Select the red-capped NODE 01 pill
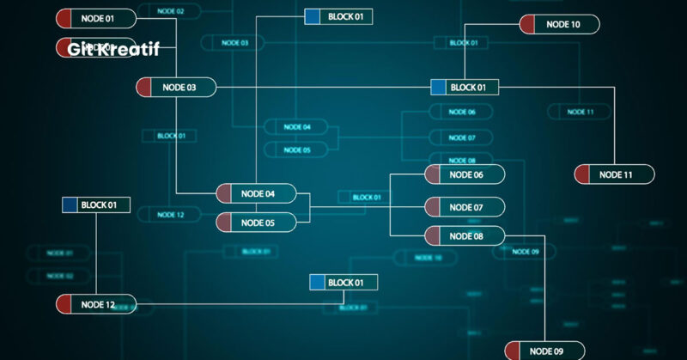(x=96, y=17)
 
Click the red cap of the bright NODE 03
(x=144, y=88)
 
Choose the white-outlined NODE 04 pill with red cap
(x=256, y=193)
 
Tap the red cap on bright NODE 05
(x=224, y=223)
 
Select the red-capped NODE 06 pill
(x=465, y=174)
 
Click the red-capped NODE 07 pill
(x=465, y=207)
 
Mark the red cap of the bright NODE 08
(x=434, y=235)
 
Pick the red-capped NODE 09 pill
(x=544, y=351)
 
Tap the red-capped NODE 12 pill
(x=96, y=304)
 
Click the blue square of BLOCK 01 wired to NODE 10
(x=438, y=87)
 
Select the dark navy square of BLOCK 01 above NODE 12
(x=70, y=204)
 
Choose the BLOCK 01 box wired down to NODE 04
(x=338, y=16)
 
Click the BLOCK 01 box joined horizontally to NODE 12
(x=343, y=282)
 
